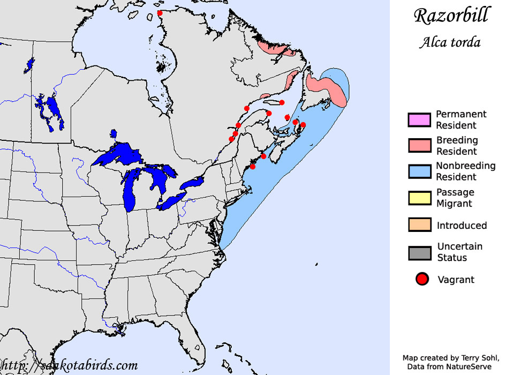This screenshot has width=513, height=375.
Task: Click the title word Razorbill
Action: [x=451, y=15]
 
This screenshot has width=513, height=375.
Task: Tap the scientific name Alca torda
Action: [x=450, y=42]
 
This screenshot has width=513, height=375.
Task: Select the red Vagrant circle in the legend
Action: [x=423, y=279]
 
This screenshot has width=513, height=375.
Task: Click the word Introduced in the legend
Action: [x=462, y=226]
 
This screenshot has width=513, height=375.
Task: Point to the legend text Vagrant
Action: [x=456, y=280]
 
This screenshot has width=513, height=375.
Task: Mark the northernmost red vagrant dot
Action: [x=160, y=13]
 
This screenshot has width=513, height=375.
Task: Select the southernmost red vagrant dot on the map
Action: [x=253, y=167]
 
